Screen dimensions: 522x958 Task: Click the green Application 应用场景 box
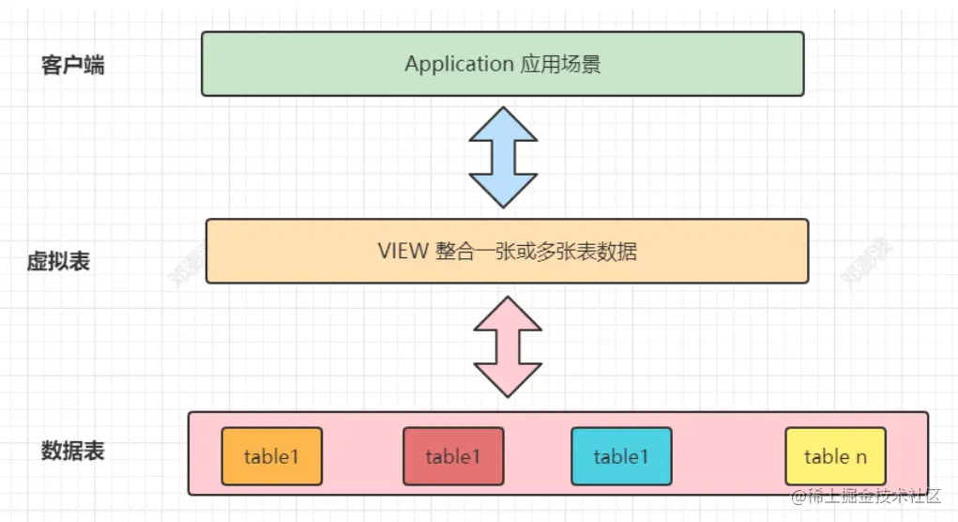[502, 64]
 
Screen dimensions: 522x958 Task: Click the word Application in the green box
[459, 64]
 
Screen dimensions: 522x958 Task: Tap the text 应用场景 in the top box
[560, 64]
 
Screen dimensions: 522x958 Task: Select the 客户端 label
[73, 66]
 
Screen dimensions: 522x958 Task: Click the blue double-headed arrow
[503, 157]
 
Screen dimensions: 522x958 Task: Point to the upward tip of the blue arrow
[503, 109]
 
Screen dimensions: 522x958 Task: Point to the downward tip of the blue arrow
[503, 206]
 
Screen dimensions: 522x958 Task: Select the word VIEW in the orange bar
[403, 251]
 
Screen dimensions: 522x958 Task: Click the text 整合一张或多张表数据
[536, 251]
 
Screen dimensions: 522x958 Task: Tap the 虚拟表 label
[58, 262]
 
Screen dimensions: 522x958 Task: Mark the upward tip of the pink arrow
[508, 299]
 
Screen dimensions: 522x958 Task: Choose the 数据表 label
[73, 451]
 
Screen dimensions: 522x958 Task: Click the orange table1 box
[271, 456]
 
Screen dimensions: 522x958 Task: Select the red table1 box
[453, 456]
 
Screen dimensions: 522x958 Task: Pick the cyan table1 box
[621, 456]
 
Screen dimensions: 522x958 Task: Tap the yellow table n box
[835, 456]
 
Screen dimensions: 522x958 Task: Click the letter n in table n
[860, 457]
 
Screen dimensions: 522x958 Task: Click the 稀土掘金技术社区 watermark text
[874, 496]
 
